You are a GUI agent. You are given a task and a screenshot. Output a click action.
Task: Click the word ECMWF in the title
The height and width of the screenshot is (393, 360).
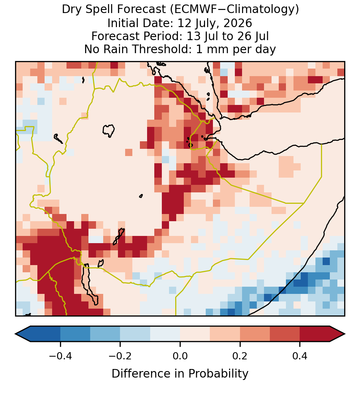point(191,10)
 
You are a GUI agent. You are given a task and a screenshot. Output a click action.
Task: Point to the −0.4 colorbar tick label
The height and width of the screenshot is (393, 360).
point(60,356)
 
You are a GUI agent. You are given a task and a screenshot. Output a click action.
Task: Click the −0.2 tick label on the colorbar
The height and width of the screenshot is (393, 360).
point(120,356)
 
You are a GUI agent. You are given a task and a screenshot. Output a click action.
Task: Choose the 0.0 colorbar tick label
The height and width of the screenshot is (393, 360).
point(180,356)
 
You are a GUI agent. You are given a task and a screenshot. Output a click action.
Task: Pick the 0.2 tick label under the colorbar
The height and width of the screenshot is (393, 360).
point(240,356)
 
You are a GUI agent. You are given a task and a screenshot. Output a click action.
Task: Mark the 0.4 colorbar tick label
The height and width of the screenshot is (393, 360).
point(300,356)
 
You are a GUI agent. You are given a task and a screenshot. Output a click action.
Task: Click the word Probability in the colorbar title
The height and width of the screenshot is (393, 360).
point(218,374)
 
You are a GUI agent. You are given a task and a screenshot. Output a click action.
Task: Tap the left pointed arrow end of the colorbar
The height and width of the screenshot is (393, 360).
point(23,334)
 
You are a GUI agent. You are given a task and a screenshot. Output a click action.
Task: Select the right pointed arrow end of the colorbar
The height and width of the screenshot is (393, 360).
point(337,334)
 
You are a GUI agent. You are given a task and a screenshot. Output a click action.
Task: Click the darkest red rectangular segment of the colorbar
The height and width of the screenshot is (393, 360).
point(315,334)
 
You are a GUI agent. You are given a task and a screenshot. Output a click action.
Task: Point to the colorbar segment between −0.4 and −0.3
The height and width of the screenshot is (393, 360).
point(75,334)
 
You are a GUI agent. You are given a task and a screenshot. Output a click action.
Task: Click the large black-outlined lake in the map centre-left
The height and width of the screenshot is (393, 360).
point(109,131)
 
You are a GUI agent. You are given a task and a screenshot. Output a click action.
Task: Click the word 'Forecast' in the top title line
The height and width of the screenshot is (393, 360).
point(141,10)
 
